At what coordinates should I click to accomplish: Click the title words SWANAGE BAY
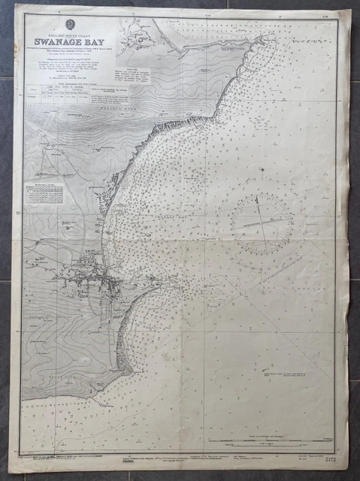(70, 41)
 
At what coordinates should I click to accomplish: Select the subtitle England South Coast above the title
(68, 31)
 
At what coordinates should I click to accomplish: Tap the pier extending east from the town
(147, 286)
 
